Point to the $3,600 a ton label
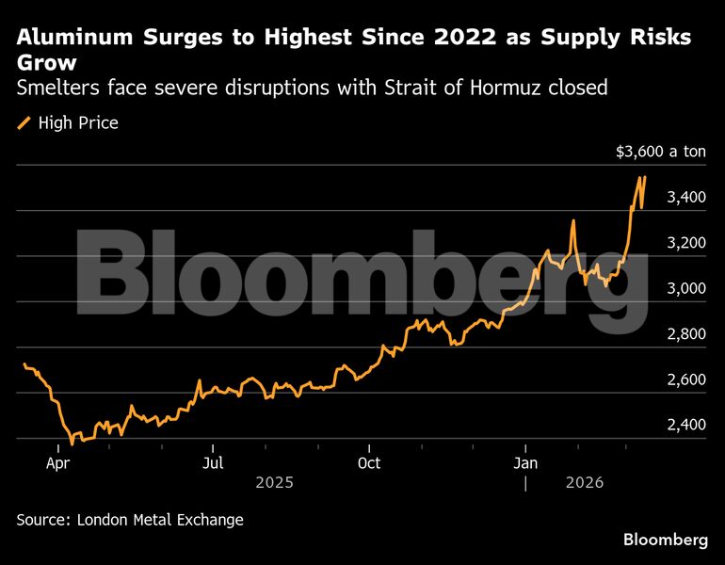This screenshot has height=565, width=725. [660, 152]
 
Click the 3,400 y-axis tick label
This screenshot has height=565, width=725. [686, 198]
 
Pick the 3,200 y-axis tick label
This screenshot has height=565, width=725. [686, 243]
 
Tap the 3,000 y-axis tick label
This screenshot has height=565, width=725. [686, 288]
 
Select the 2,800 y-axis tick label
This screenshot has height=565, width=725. [686, 334]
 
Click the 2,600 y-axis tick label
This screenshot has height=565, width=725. [686, 379]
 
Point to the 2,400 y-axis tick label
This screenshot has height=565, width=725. [686, 425]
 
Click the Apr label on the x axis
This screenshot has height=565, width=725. [57, 463]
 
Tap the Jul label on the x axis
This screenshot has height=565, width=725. [214, 463]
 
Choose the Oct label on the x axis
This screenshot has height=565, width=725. [370, 463]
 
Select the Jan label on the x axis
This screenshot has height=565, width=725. [526, 463]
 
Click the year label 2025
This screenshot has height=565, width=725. [275, 482]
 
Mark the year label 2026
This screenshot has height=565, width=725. [585, 482]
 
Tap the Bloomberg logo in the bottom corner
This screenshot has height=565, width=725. [666, 540]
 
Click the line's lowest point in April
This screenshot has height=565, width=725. [72, 443]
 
